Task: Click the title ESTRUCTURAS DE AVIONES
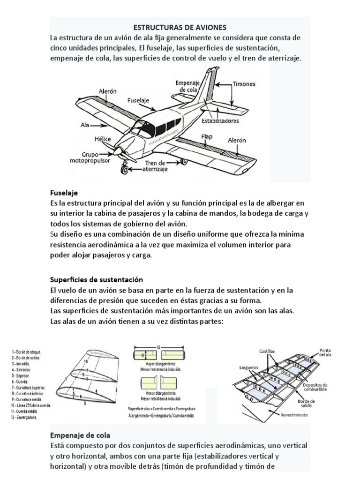tap(180, 28)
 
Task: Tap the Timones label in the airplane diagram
tap(244, 84)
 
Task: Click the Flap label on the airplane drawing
tap(207, 136)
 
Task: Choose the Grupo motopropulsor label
tap(94, 157)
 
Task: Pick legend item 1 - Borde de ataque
tap(28, 352)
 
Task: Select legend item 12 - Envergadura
tap(28, 417)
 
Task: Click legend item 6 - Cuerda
tap(22, 382)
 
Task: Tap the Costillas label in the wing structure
tap(267, 351)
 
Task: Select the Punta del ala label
tap(325, 352)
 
